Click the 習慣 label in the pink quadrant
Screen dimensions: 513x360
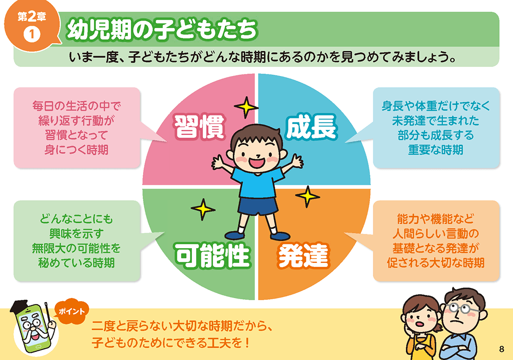click(x=199, y=127)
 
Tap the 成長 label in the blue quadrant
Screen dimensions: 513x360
click(x=311, y=127)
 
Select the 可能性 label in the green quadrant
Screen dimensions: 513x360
click(x=212, y=255)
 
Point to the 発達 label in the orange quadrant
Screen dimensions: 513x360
click(x=303, y=255)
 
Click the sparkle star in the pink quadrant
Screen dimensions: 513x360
click(x=246, y=107)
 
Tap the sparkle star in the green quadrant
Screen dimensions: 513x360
click(x=203, y=209)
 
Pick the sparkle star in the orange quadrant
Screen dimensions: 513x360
click(x=307, y=196)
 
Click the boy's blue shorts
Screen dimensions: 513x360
click(x=258, y=206)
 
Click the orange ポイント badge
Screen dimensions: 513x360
click(x=72, y=311)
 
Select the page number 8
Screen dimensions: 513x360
click(x=502, y=349)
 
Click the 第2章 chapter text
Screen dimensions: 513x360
click(x=32, y=16)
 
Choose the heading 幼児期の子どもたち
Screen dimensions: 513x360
click(x=162, y=30)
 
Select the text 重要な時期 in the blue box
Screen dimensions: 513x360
click(x=435, y=150)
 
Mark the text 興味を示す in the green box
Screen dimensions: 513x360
click(x=76, y=233)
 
